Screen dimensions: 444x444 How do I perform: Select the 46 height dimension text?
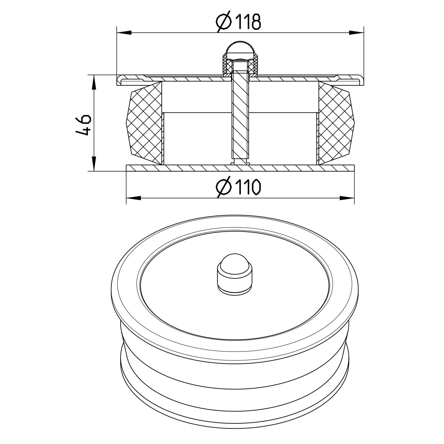[x=84, y=125]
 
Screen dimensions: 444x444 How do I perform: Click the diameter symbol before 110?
[x=224, y=187]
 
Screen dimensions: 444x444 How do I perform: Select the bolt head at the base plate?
[x=240, y=163]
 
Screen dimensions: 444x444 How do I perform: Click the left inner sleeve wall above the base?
[x=163, y=138]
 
